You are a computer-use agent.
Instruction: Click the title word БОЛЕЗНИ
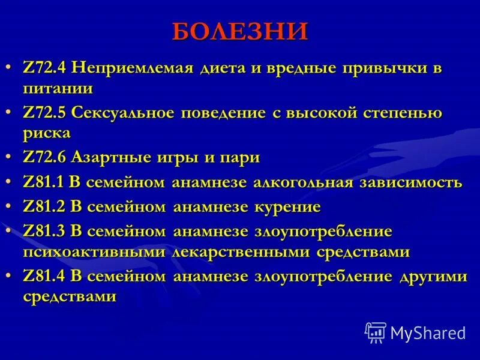click(x=240, y=31)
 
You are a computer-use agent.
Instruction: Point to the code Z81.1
click(x=45, y=182)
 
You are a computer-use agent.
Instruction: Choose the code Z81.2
click(x=45, y=206)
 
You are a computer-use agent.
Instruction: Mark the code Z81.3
click(x=45, y=231)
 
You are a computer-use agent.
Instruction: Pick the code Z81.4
click(x=45, y=276)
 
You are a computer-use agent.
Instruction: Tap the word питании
click(x=58, y=89)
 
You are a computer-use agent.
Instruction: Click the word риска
click(x=47, y=133)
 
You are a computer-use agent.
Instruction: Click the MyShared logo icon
click(x=376, y=332)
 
